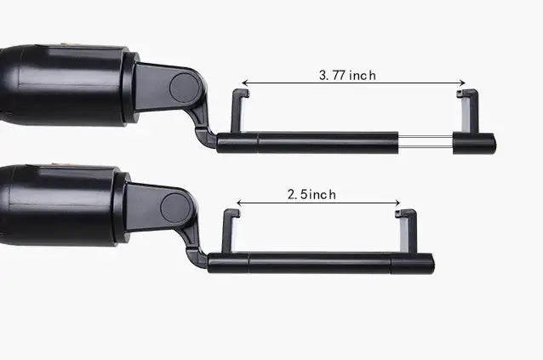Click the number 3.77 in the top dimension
(x=332, y=75)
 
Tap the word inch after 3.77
(x=362, y=75)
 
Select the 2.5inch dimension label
(x=311, y=194)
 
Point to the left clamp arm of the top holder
(x=237, y=111)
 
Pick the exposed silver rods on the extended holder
(x=426, y=143)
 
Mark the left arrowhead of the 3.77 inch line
(x=245, y=84)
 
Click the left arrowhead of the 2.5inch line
(x=239, y=203)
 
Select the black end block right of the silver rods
(x=474, y=143)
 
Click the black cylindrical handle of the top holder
(x=64, y=85)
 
